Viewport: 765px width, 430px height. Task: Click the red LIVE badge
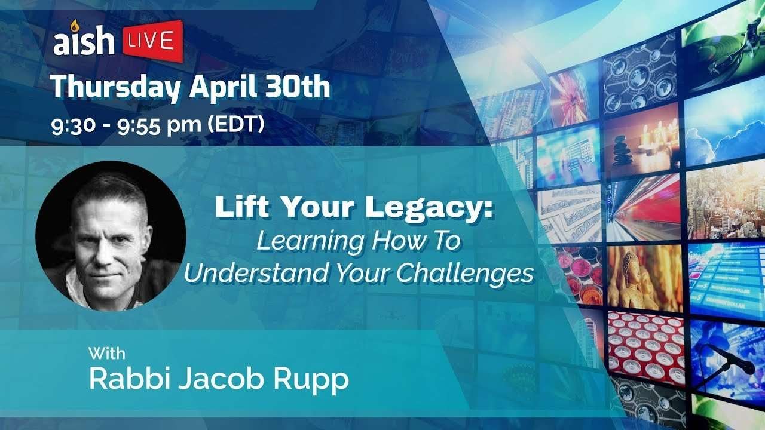(x=153, y=41)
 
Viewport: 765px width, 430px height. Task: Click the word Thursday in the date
(x=115, y=87)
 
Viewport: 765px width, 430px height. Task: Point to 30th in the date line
(x=298, y=87)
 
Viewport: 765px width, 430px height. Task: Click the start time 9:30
(x=73, y=125)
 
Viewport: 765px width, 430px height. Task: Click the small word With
(x=107, y=353)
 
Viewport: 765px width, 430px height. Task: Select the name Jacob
(x=221, y=378)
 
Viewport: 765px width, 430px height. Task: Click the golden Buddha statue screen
(x=644, y=278)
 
